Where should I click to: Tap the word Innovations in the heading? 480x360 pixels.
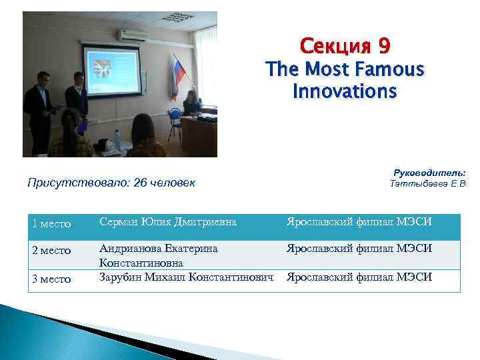click(x=344, y=91)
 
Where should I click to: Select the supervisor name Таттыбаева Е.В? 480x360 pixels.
click(x=429, y=183)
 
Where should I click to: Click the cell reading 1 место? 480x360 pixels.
click(x=52, y=223)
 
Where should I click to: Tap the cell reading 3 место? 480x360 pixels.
click(x=52, y=279)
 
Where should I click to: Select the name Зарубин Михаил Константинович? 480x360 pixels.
click(x=187, y=276)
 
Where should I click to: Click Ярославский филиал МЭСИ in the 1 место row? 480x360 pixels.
click(x=359, y=222)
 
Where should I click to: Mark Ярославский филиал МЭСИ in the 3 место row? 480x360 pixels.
click(x=359, y=276)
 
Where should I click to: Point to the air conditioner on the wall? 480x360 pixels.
click(x=132, y=35)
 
